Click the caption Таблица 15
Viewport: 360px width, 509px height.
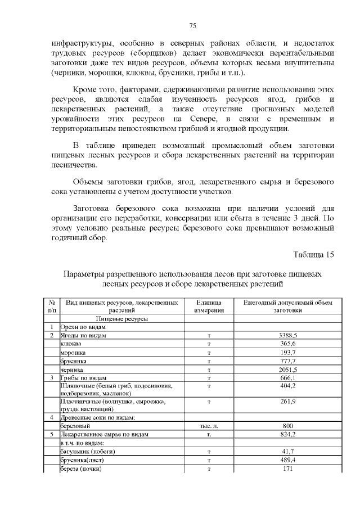314,254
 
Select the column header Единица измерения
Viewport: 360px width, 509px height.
209,306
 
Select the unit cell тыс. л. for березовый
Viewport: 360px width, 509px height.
209,426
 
